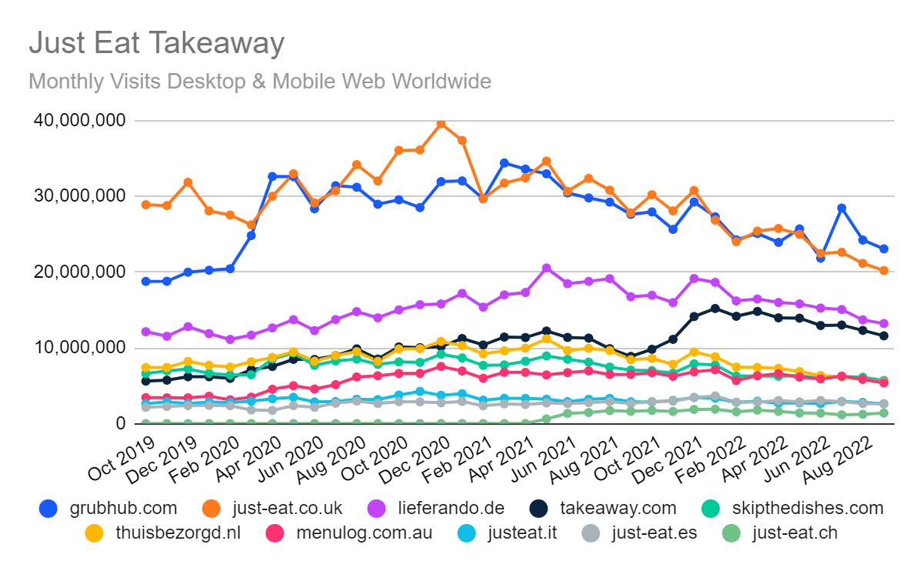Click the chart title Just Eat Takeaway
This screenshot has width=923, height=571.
pos(156,43)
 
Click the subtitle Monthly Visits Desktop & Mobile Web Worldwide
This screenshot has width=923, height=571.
pos(259,81)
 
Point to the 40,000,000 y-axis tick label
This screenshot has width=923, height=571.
pos(76,121)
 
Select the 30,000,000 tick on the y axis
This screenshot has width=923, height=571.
pos(76,196)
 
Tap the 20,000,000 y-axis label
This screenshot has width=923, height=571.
pos(76,272)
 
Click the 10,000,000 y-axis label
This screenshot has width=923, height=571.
pos(76,348)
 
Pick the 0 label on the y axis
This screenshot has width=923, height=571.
pos(119,423)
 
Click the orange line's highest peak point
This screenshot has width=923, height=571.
pos(441,123)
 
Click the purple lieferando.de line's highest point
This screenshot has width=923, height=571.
pos(546,268)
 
